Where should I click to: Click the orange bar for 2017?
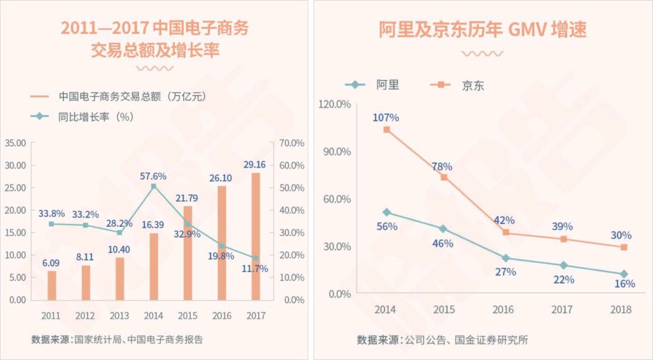[256, 236]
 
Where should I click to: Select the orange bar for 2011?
[52, 285]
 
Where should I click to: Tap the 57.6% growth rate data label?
[153, 176]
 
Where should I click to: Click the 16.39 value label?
[153, 224]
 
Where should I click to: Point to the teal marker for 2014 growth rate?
[154, 186]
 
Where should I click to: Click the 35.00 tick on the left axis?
[15, 143]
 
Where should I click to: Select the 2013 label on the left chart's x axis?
[119, 315]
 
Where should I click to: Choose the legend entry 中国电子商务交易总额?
[112, 96]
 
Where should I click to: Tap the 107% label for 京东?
[386, 118]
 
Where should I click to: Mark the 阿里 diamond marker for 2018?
[624, 274]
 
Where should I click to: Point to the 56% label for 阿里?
[387, 226]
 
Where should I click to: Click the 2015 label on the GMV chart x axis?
[444, 309]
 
